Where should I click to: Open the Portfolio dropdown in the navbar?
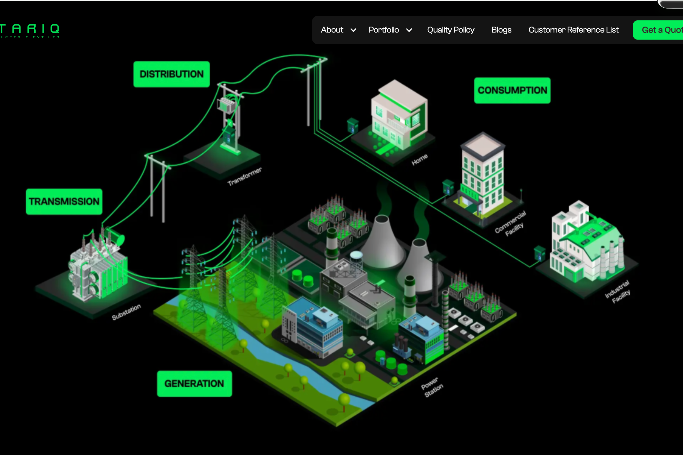click(x=390, y=30)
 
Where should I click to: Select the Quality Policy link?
click(x=450, y=30)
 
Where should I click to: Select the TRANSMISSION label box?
click(x=64, y=202)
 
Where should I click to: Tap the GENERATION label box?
click(x=194, y=384)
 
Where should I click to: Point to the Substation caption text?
click(x=126, y=312)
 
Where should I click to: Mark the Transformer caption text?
click(x=244, y=176)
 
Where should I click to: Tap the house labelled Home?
click(x=399, y=116)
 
